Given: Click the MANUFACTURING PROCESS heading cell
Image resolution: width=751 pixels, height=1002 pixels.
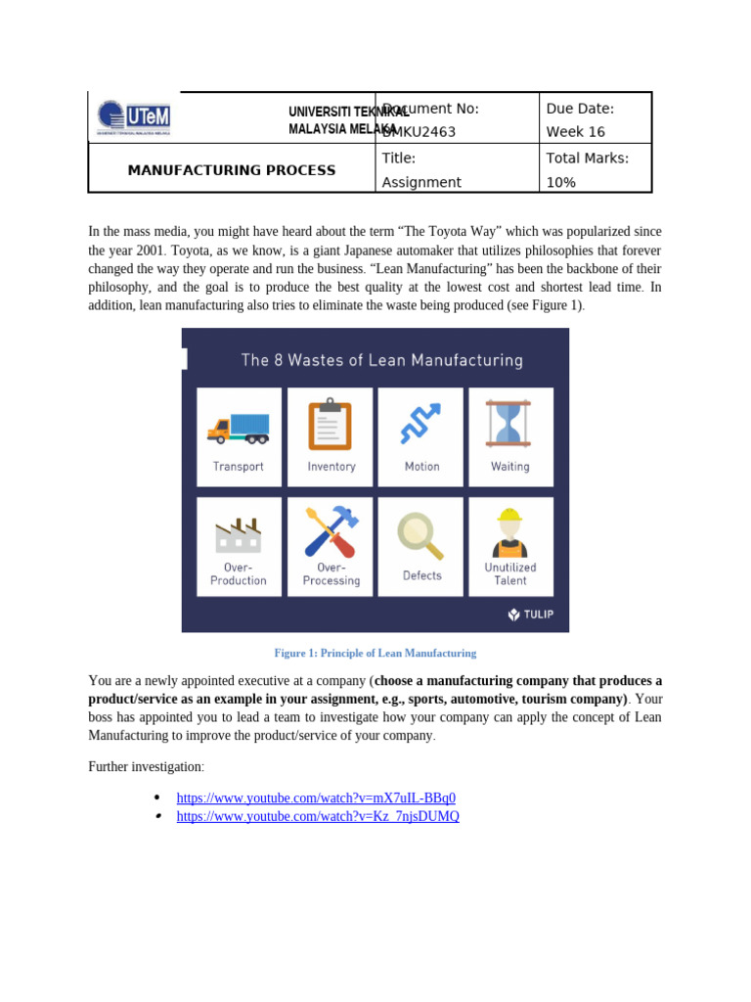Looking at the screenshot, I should (232, 170).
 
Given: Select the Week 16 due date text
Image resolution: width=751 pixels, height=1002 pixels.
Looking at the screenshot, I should (575, 132).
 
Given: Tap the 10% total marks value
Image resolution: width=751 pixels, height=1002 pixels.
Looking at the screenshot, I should (560, 182).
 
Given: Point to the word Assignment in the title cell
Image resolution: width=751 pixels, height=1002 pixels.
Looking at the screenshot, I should (421, 182).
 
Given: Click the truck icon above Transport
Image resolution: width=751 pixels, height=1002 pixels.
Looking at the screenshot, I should (239, 428).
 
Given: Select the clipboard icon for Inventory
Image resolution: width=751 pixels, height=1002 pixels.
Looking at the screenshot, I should (331, 425).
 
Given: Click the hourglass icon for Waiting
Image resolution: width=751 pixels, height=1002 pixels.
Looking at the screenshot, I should (509, 424).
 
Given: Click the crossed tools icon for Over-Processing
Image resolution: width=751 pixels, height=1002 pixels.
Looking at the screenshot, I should (331, 532).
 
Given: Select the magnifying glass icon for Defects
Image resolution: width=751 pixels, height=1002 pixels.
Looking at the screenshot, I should (421, 535).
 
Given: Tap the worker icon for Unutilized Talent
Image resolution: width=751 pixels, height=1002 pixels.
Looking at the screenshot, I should (509, 532).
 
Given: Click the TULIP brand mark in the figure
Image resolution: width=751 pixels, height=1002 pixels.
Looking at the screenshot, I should (530, 615).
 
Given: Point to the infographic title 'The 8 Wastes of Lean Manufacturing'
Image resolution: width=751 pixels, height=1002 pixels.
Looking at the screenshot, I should (381, 360).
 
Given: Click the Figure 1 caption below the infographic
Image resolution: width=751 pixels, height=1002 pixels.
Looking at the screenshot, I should (375, 653).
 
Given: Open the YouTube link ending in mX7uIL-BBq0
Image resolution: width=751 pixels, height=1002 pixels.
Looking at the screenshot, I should (316, 797).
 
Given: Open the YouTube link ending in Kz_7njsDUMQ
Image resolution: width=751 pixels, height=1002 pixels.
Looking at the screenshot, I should (318, 816).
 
